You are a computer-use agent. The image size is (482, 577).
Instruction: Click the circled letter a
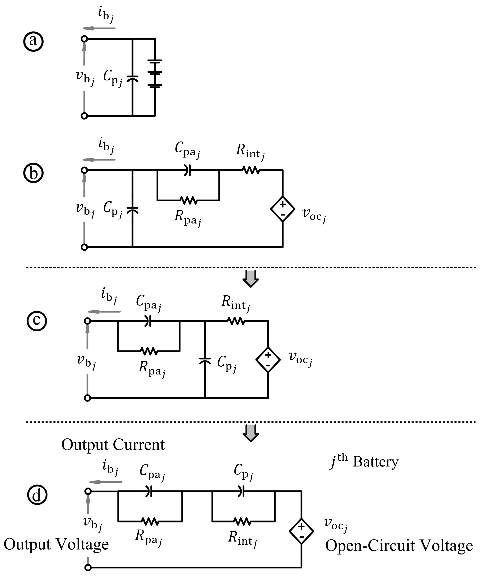(x=33, y=41)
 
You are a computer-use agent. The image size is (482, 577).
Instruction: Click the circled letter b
(x=33, y=173)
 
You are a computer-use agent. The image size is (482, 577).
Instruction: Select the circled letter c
(x=37, y=321)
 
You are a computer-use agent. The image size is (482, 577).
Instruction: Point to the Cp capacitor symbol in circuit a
(x=132, y=79)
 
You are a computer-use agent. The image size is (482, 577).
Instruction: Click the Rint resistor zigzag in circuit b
(x=251, y=170)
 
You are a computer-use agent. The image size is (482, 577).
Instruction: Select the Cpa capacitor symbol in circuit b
(x=187, y=170)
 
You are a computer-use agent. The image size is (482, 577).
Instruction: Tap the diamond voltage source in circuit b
(x=283, y=209)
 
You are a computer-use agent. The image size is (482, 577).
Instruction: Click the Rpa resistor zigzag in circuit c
(x=149, y=351)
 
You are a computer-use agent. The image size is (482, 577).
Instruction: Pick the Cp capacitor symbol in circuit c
(x=205, y=361)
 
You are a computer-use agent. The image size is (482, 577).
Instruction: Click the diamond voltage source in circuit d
(x=301, y=531)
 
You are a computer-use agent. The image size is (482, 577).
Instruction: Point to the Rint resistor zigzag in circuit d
(x=242, y=521)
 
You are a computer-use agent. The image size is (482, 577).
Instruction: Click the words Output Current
(x=113, y=445)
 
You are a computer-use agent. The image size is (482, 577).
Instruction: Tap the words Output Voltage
(x=56, y=544)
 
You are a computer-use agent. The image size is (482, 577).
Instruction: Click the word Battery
(x=375, y=462)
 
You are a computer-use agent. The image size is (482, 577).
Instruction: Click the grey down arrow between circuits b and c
(x=250, y=279)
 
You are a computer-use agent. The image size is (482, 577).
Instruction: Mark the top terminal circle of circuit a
(x=84, y=39)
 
